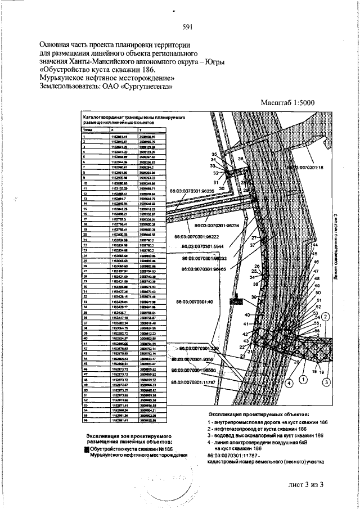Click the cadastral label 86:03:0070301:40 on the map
click(197, 302)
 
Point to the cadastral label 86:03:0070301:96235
click(193, 191)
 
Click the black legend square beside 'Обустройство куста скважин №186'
click(87, 449)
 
